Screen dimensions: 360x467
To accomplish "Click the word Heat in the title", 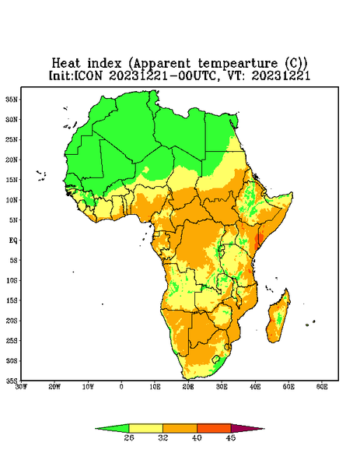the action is (66, 63).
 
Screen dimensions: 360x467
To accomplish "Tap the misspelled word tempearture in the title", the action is (237, 64).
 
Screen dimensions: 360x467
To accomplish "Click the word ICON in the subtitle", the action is (88, 75).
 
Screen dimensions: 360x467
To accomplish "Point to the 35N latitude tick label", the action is (12, 100).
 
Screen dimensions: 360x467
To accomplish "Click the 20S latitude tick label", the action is (12, 321).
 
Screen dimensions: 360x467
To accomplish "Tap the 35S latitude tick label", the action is (12, 381).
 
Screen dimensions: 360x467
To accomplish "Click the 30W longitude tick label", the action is (22, 387).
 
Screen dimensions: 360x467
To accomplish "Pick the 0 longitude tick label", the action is (121, 387).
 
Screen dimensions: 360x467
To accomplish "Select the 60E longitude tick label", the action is (322, 387).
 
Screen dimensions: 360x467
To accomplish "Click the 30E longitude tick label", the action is (222, 387).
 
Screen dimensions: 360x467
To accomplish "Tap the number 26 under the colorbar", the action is (129, 437).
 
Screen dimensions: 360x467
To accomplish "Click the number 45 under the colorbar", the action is (231, 437).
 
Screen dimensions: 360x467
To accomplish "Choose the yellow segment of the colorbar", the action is (145, 428).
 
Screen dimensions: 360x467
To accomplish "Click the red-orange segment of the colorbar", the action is (214, 428).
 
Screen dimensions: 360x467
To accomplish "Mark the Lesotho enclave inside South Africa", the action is (215, 359).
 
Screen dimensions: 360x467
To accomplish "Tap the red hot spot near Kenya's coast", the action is (258, 241).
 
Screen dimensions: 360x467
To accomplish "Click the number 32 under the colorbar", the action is (163, 437).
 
